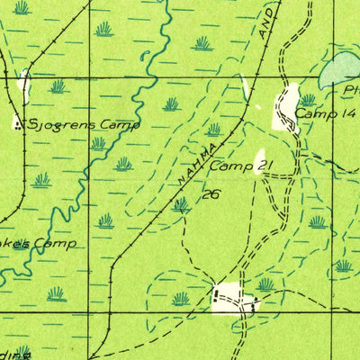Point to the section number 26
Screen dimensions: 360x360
211,193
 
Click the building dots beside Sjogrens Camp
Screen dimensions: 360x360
19,126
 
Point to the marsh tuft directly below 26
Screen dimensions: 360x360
181,205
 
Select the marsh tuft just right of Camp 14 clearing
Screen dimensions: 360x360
308,99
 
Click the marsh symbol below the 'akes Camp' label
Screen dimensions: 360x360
56,293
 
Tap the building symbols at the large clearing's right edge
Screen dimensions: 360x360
253,305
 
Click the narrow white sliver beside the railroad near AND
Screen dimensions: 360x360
244,88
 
